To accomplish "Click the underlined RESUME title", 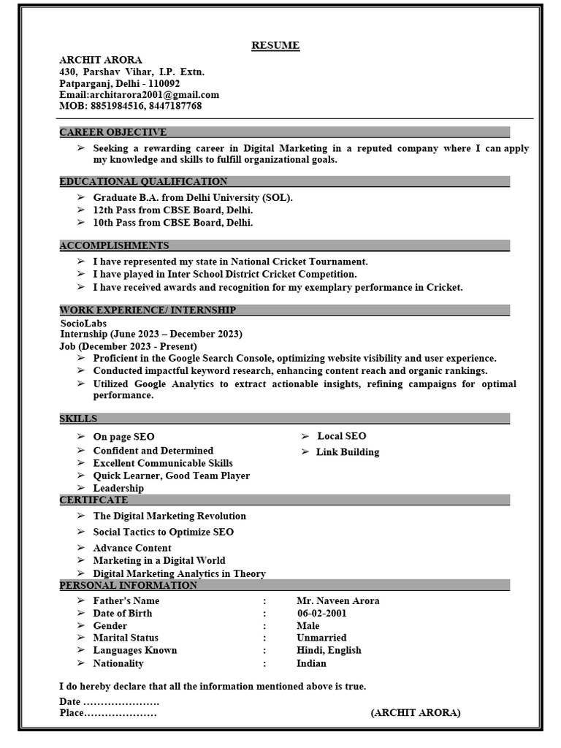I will click(275, 45).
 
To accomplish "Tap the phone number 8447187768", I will click(175, 106).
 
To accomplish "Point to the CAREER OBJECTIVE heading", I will click(113, 132).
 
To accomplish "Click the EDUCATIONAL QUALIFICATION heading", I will click(143, 181).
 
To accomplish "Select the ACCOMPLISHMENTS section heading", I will click(114, 245).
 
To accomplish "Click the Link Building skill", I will click(348, 452).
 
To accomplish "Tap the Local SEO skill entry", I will click(342, 436).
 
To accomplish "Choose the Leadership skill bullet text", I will click(118, 488).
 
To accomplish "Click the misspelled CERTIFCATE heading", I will click(93, 500).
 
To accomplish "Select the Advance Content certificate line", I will click(132, 548).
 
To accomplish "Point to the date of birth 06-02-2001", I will click(322, 614).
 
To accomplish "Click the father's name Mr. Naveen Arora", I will click(338, 601).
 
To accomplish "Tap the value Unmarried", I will click(322, 638).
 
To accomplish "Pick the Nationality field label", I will click(118, 663).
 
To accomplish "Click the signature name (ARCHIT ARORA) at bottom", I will click(416, 713).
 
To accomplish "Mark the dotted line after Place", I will click(121, 713).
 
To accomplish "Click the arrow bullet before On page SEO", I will click(80, 437).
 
